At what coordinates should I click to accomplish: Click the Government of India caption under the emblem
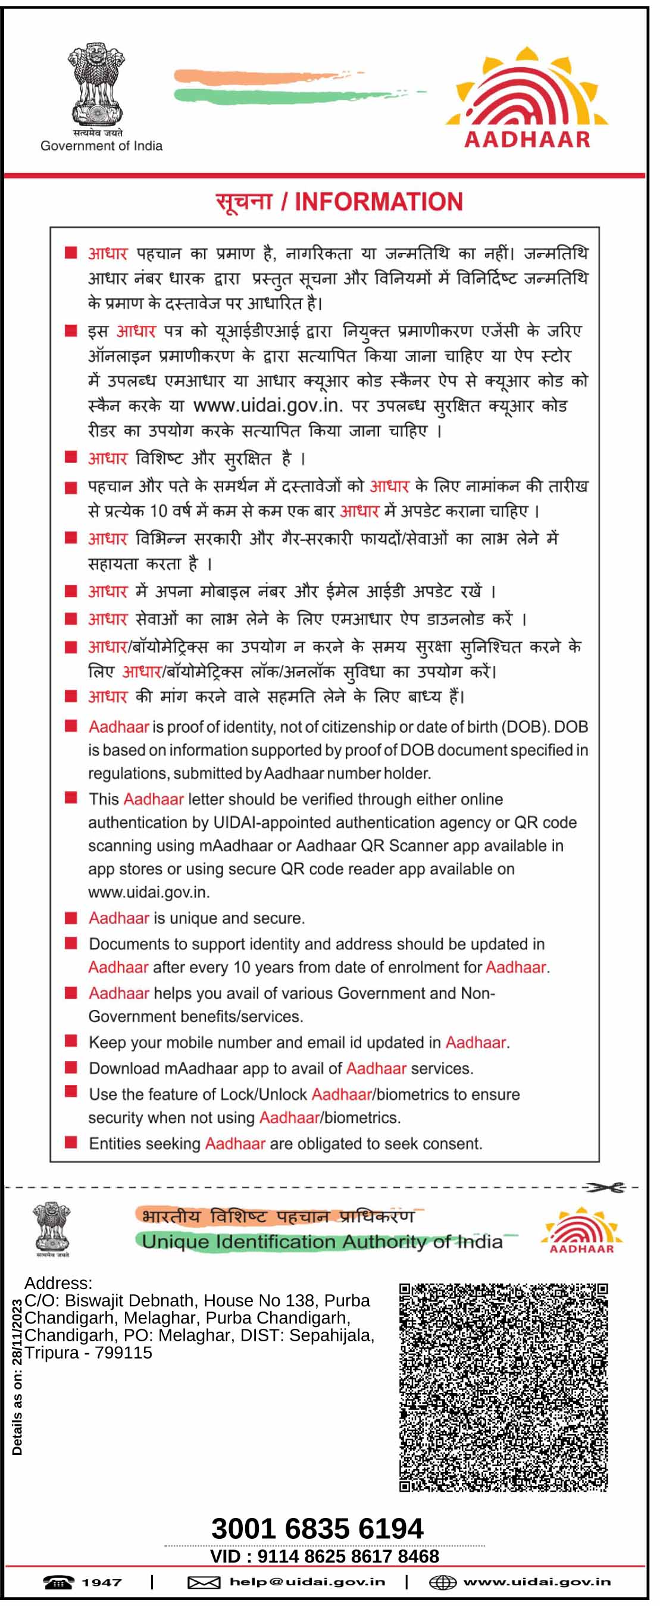point(101,146)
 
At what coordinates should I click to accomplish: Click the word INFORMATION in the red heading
point(378,202)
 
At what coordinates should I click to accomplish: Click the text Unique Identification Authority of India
point(322,1241)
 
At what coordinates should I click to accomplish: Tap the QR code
point(503,1387)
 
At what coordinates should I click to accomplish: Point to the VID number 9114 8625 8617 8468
point(348,1556)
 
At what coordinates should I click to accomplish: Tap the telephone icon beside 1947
point(58,1582)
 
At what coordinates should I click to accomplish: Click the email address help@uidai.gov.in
point(307,1582)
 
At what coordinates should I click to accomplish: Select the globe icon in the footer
point(442,1582)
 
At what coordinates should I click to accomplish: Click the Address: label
point(58,1282)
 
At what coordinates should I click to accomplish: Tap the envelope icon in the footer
point(204,1582)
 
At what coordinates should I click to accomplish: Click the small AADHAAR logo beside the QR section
point(581,1230)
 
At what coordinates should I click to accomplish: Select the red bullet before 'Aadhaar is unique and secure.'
point(71,918)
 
